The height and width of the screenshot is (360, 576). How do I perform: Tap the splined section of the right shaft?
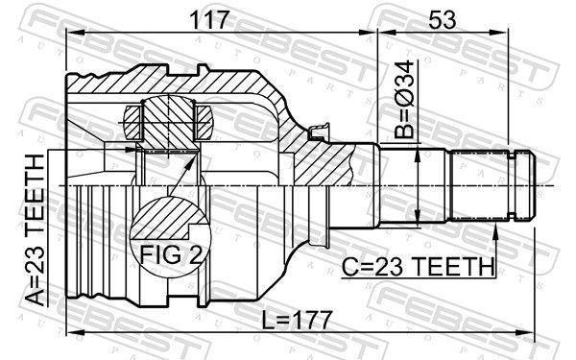(479, 183)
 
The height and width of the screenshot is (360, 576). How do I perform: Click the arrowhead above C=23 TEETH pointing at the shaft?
(494, 229)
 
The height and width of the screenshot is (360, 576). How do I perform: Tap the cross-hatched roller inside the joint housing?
(169, 121)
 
